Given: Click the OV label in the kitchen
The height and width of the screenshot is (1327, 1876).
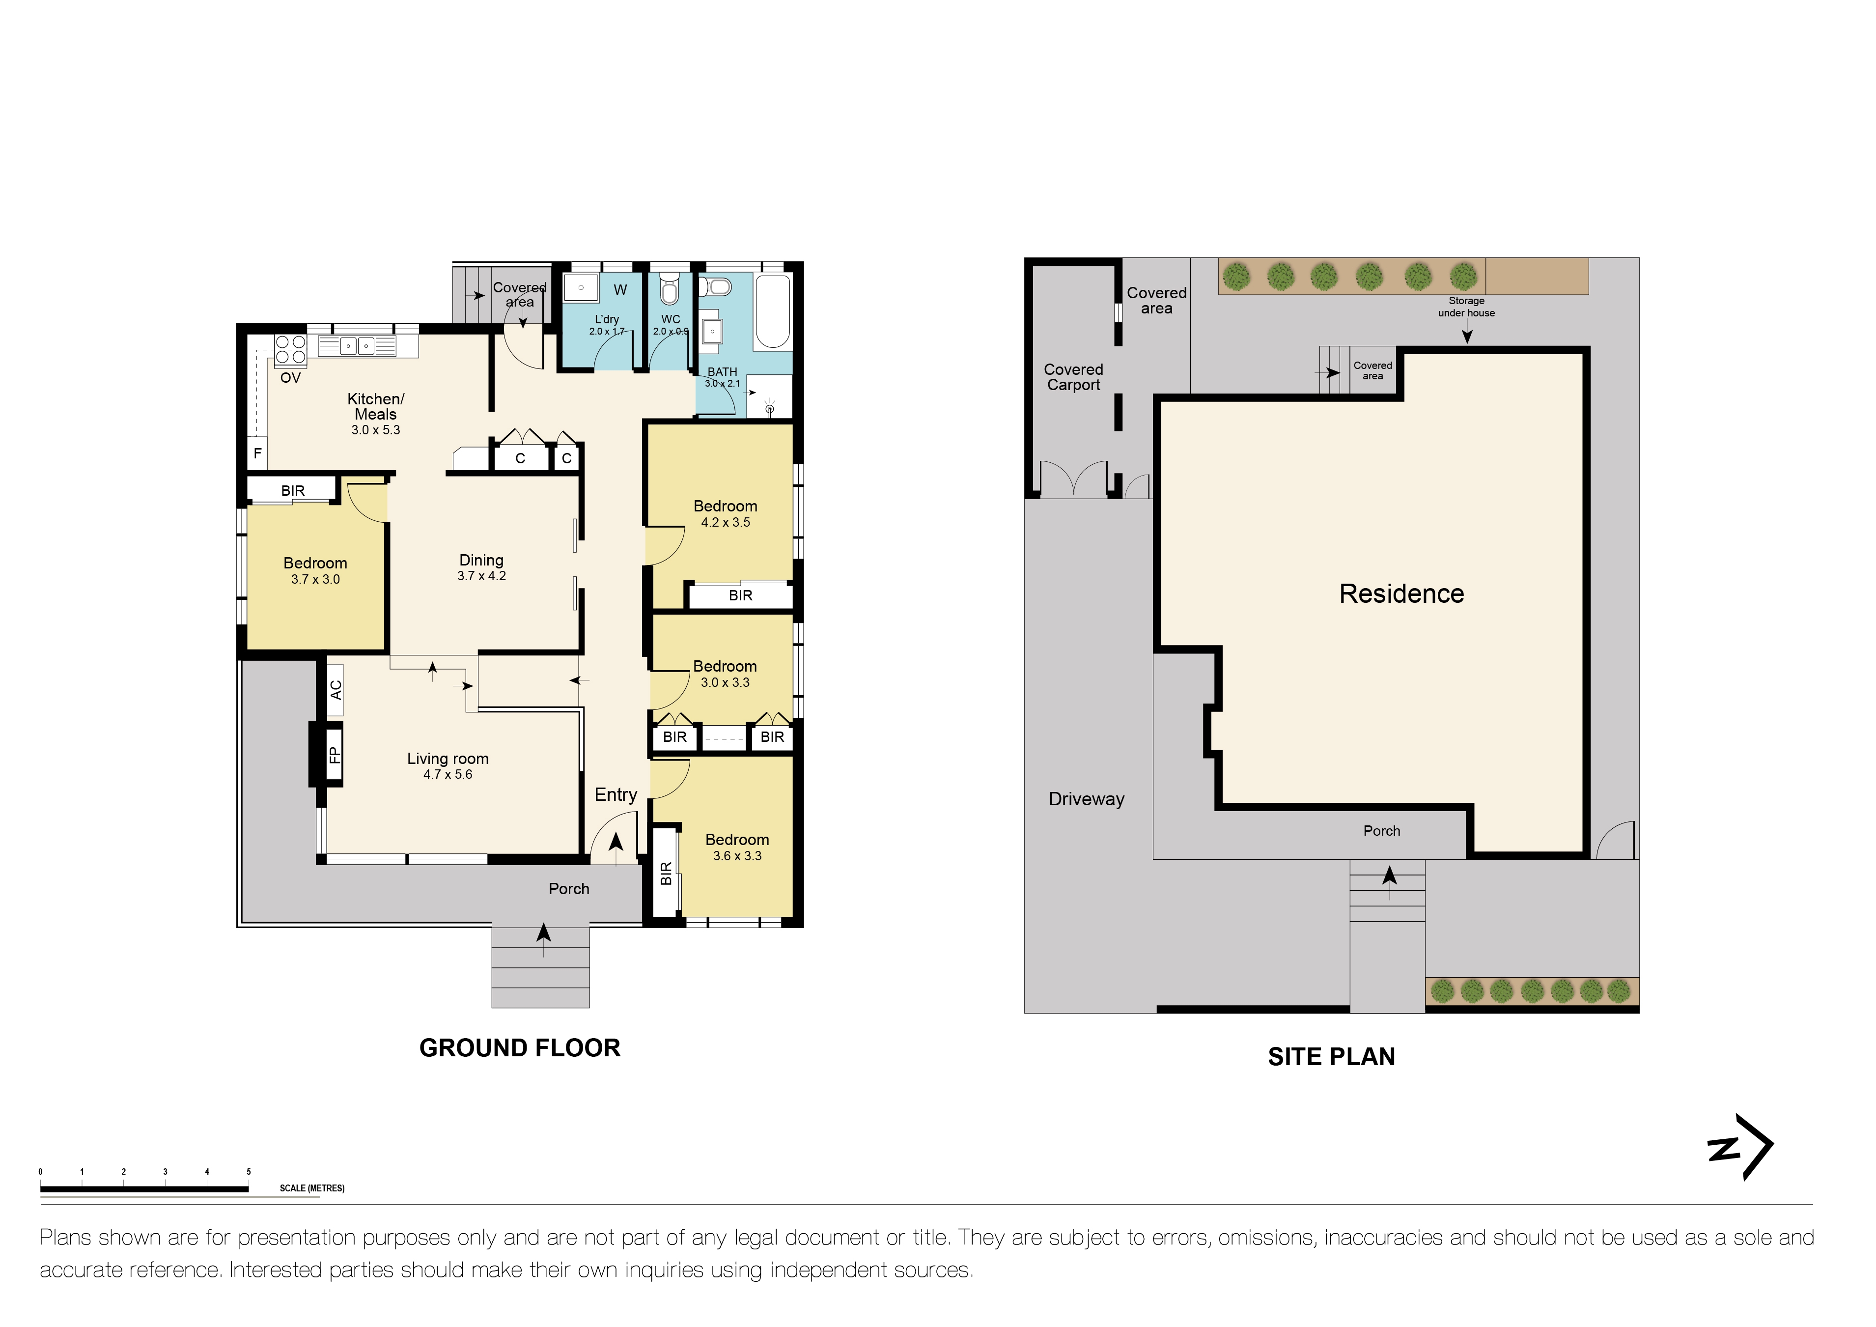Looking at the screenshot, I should (x=290, y=378).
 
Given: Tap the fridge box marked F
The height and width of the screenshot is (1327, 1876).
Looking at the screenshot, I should (x=257, y=453).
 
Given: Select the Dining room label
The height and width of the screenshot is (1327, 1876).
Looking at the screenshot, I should (x=481, y=561).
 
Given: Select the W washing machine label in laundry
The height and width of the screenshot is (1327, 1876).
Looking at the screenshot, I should (x=620, y=290).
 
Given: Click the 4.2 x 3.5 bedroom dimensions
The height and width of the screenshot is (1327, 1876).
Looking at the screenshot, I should (x=725, y=523).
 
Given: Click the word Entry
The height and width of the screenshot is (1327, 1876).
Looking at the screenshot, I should (x=615, y=795).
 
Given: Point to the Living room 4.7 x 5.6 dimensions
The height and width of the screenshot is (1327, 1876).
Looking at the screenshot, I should (x=448, y=775).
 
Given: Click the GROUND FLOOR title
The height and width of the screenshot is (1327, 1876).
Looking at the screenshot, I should (x=520, y=1048).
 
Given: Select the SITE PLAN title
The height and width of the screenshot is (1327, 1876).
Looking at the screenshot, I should (x=1331, y=1057).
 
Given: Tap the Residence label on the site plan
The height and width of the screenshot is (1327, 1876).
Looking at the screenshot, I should (x=1401, y=594).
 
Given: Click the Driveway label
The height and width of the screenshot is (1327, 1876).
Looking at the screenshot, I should (x=1086, y=799).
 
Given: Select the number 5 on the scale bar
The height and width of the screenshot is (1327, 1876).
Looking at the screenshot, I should (x=249, y=1172).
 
